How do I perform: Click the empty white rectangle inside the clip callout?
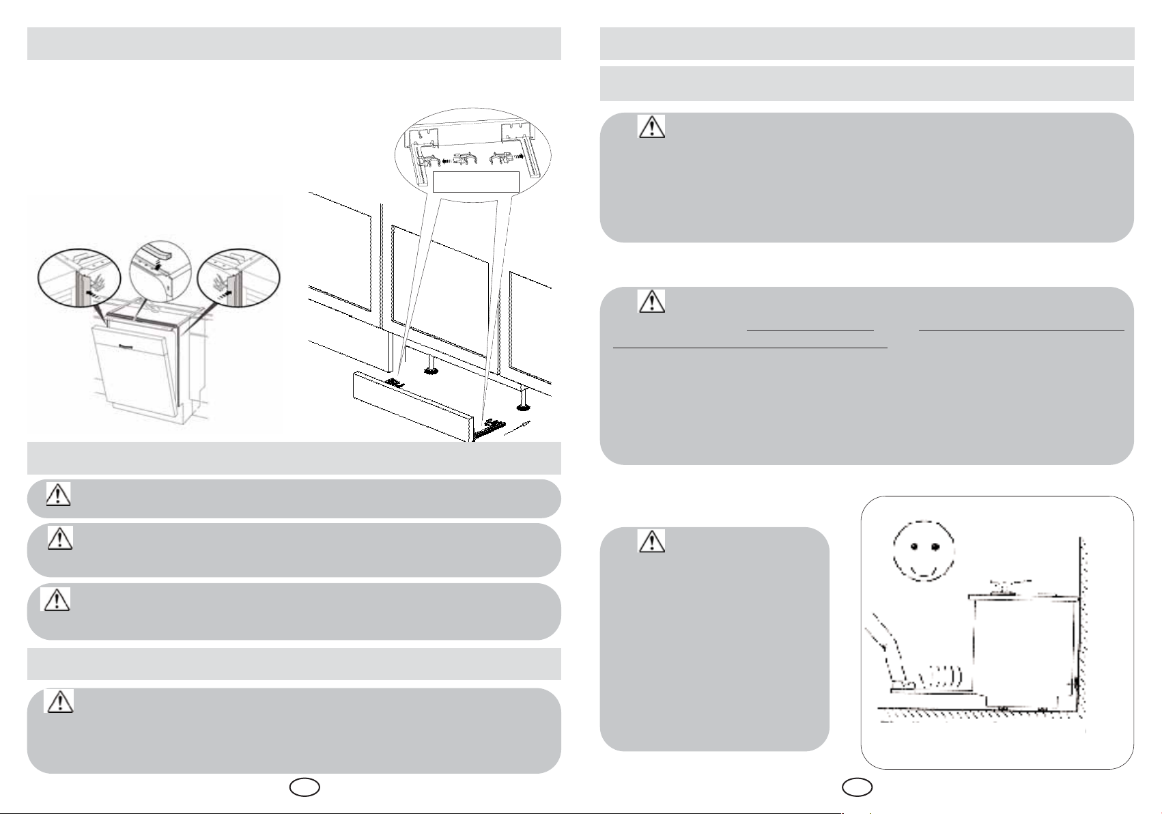(477, 182)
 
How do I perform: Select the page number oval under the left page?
(304, 787)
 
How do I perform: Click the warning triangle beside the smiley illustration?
(651, 541)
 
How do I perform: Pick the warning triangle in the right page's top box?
(651, 126)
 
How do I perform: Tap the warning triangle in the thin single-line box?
(59, 495)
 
